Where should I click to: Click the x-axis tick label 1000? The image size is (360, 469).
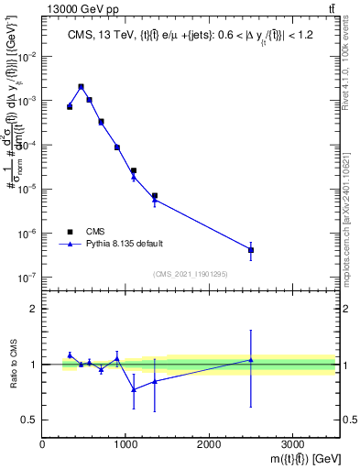pos(125,444)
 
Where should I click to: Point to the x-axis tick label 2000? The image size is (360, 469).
pos(209,444)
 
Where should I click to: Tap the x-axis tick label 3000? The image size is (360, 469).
pos(292,444)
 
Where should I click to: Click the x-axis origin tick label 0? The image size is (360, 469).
pos(42,444)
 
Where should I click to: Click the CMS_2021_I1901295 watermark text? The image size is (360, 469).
pos(189,274)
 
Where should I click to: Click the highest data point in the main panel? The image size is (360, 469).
pos(82,87)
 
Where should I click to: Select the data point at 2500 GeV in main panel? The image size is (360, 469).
pos(251,249)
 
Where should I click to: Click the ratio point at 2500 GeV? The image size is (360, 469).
pos(251,360)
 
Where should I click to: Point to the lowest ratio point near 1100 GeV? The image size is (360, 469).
pos(134,389)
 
